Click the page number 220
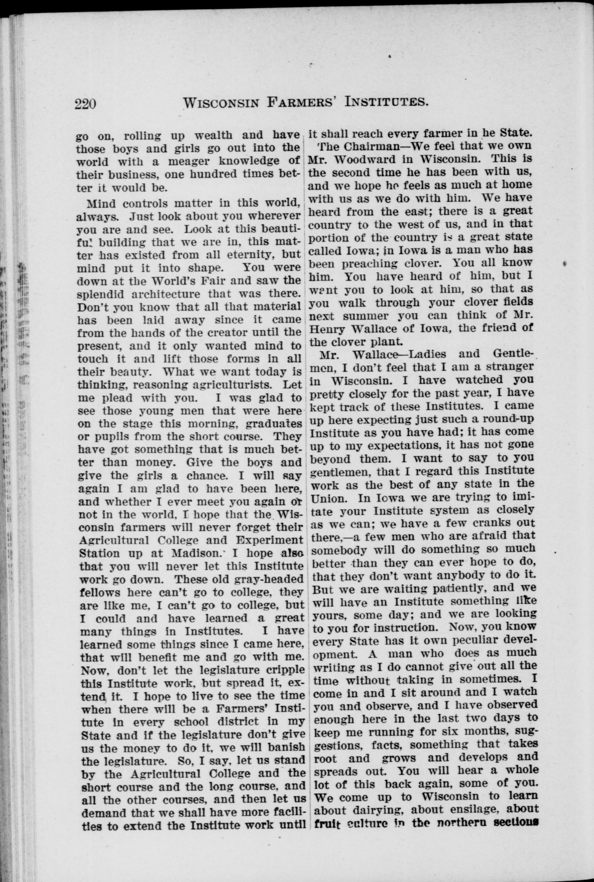(x=87, y=103)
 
